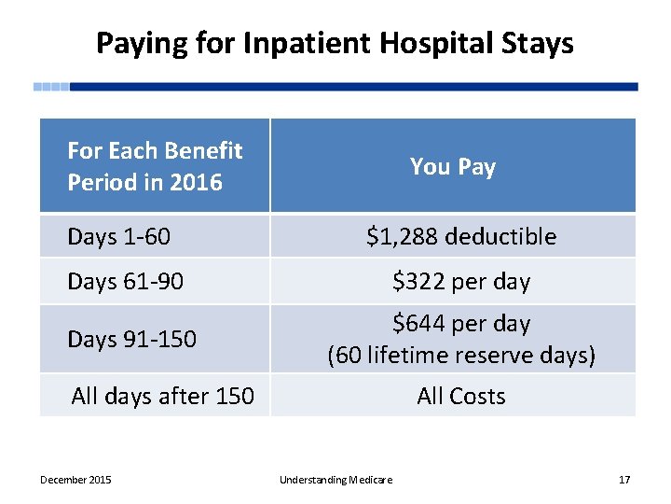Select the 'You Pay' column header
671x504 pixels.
pyautogui.click(x=453, y=167)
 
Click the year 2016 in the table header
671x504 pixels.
pyautogui.click(x=197, y=183)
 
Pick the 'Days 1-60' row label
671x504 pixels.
pyautogui.click(x=118, y=237)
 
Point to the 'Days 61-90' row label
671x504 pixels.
pyautogui.click(x=125, y=282)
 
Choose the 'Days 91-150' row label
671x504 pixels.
pyautogui.click(x=131, y=339)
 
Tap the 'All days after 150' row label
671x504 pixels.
pyautogui.click(x=162, y=396)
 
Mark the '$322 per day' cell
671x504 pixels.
pyautogui.click(x=460, y=282)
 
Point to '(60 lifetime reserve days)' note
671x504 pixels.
pyautogui.click(x=460, y=356)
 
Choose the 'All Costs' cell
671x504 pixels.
pyautogui.click(x=460, y=396)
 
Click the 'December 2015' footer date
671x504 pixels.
pyautogui.click(x=75, y=480)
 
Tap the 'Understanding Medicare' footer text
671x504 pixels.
pyautogui.click(x=335, y=480)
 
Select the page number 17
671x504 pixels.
pyautogui.click(x=624, y=480)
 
